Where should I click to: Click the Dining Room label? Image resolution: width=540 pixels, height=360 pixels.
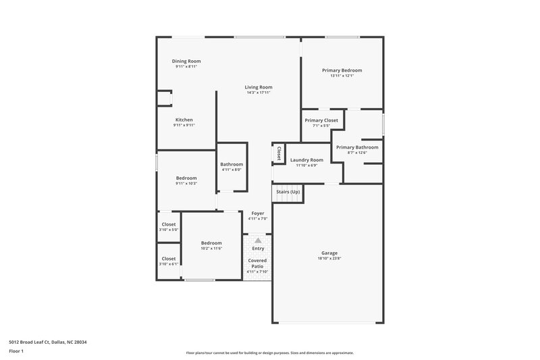click(x=186, y=61)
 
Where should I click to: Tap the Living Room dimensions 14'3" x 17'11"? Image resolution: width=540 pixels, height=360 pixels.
click(x=259, y=93)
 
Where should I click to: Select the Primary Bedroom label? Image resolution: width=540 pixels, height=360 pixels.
click(x=342, y=70)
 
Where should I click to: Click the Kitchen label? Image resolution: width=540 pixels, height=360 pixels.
click(x=184, y=120)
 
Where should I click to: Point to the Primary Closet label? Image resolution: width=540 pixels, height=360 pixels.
click(x=321, y=120)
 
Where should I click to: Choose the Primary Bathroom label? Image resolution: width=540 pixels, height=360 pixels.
click(x=357, y=147)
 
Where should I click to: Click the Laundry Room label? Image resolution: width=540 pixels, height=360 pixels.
click(x=307, y=160)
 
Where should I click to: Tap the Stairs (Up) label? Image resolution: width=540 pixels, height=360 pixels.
click(x=288, y=192)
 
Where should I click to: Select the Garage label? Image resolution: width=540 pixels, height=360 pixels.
click(x=329, y=253)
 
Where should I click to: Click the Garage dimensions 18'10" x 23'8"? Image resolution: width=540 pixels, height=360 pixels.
click(x=329, y=258)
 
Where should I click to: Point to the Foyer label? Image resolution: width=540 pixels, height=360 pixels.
click(x=258, y=213)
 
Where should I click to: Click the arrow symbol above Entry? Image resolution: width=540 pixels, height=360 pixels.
click(x=257, y=240)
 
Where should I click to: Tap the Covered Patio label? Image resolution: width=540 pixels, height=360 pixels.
click(x=257, y=263)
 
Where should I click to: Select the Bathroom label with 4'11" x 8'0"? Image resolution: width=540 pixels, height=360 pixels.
click(x=232, y=164)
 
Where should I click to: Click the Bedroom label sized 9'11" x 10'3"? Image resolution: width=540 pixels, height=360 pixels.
click(x=186, y=178)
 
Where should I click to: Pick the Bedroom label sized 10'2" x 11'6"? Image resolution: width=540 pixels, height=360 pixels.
click(x=211, y=242)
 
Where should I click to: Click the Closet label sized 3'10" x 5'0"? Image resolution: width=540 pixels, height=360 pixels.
click(x=169, y=224)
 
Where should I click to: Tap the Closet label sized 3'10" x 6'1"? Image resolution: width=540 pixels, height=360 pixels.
click(x=169, y=258)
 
